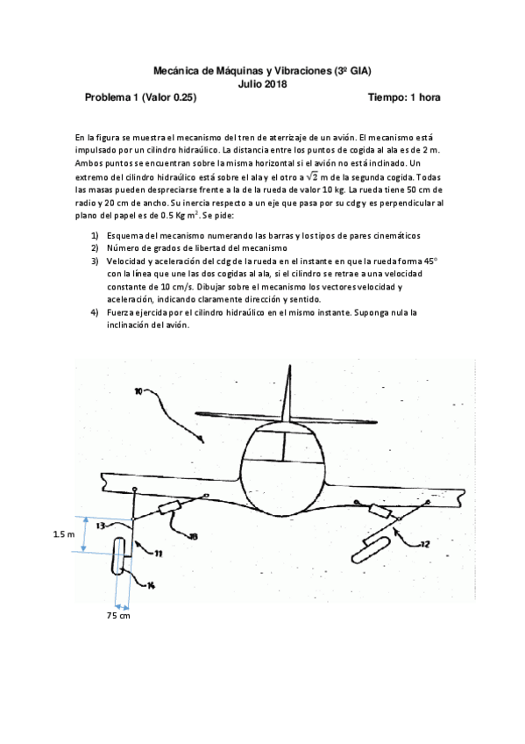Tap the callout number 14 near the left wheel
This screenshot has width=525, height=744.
[x=150, y=585]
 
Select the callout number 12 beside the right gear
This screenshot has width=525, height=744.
[x=424, y=545]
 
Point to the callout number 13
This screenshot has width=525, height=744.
[x=101, y=526]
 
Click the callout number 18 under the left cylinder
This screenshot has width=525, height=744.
[x=193, y=535]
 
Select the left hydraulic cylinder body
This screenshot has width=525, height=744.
[x=170, y=509]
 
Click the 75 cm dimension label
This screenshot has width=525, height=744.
[x=118, y=616]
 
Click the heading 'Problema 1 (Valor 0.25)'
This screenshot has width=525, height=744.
[x=140, y=98]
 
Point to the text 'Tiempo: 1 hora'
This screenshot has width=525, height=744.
[x=404, y=98]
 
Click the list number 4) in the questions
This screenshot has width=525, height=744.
[x=96, y=311]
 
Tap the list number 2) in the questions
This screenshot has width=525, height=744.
[x=96, y=248]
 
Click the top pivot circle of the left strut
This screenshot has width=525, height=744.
[x=134, y=489]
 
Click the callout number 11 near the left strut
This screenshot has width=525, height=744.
[x=160, y=554]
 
